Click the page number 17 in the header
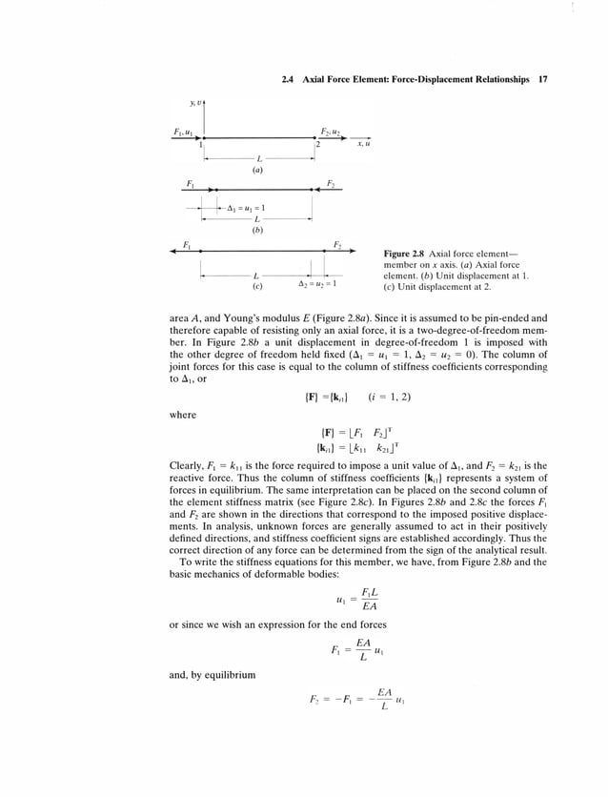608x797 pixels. [x=541, y=80]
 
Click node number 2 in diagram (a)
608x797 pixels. [x=318, y=145]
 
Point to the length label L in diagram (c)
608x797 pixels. [x=255, y=276]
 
